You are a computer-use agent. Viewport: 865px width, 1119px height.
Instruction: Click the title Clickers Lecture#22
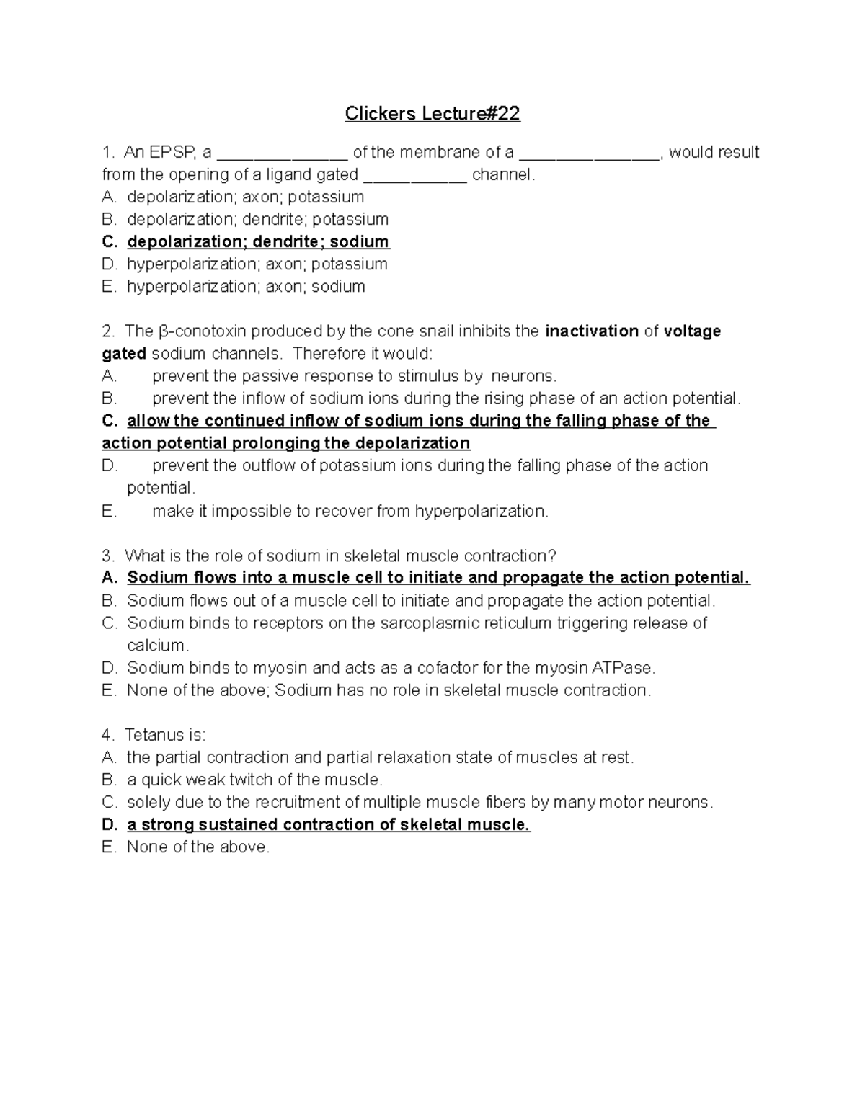[432, 114]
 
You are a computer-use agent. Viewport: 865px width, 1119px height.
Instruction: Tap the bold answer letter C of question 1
[110, 241]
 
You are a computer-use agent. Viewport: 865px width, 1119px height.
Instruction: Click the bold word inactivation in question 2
[592, 331]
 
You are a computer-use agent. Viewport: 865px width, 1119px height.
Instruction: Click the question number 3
[108, 556]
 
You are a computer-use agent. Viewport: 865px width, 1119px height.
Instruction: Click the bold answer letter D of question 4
[110, 825]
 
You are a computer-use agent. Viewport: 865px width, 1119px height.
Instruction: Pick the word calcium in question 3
[157, 646]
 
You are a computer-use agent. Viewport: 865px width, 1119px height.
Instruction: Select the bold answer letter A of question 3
[110, 578]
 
